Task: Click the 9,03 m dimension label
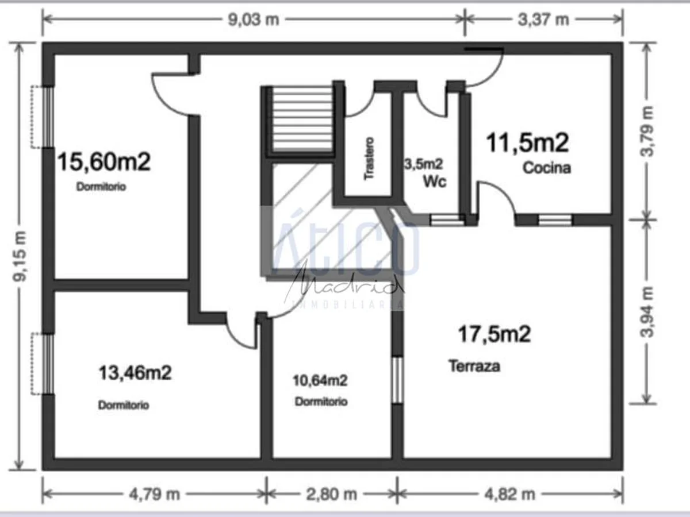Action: tap(254, 19)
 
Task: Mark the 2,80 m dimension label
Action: tap(332, 493)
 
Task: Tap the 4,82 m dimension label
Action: tap(510, 493)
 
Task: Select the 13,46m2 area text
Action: tap(135, 373)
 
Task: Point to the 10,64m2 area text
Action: tap(320, 380)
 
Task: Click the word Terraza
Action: tap(474, 366)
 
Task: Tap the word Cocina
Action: tap(546, 168)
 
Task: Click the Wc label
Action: tap(435, 182)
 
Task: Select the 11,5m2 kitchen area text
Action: tap(527, 142)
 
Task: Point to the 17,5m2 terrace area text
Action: tap(493, 333)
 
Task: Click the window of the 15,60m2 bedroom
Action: tap(48, 117)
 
